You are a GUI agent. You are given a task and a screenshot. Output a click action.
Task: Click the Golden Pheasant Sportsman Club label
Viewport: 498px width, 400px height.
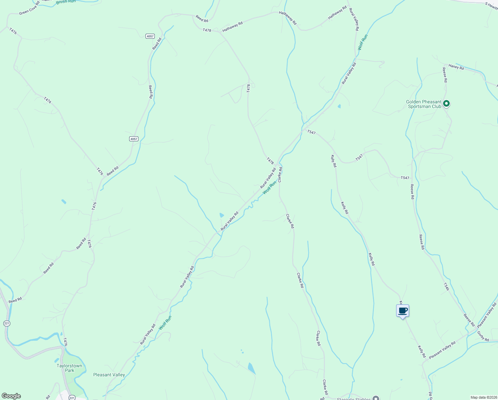coord(423,104)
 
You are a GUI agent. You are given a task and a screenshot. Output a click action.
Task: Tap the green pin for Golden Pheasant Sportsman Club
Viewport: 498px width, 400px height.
coord(447,104)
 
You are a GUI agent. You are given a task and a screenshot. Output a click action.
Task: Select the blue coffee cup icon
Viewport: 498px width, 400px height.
coord(402,311)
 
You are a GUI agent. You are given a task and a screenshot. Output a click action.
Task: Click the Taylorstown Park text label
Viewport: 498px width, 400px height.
coord(69,368)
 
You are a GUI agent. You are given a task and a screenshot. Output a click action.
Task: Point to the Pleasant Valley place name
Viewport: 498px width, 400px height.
coord(109,375)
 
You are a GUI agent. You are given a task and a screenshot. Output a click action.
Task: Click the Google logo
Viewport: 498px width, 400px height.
coord(11,396)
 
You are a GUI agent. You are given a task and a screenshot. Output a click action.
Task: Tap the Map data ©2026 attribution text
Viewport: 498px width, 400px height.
coord(484,397)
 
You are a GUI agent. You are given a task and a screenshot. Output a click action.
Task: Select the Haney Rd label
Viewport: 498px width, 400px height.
coord(456,67)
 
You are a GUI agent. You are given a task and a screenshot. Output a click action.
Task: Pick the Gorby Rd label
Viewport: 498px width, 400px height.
coord(483,336)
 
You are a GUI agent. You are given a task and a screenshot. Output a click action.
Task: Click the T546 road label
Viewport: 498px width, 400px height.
coord(446,287)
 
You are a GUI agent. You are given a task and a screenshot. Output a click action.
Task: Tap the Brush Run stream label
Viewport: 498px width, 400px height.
coord(66,2)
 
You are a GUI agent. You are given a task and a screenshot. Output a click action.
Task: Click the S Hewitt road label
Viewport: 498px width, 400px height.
coord(491,5)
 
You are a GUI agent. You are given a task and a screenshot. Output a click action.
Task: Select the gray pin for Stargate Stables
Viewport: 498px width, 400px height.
coord(376,398)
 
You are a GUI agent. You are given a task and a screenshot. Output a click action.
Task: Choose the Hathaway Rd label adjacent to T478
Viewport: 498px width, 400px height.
coord(232,27)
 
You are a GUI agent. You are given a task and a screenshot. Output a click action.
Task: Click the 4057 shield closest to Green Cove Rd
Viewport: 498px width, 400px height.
coord(150,36)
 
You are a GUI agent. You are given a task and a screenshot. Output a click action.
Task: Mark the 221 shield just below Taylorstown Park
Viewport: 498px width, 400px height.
coord(72,397)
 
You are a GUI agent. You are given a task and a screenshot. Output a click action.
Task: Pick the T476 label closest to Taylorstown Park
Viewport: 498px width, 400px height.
coord(65,342)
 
